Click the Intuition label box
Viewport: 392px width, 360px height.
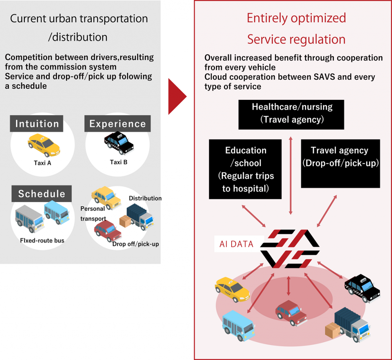37,124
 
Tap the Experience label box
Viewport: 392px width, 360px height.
118,124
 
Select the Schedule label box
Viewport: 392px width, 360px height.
42,194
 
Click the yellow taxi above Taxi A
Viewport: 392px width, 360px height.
44,145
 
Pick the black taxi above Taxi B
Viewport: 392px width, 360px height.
119,143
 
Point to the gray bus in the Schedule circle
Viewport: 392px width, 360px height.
29,218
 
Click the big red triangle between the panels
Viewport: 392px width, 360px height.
177,97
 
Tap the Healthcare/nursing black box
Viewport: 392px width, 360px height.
291,114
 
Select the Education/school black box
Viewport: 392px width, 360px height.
245,169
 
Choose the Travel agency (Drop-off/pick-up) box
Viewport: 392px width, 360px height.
340,163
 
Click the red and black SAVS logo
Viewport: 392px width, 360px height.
289,249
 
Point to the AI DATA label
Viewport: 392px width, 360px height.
236,244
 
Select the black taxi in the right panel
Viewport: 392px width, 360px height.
362,288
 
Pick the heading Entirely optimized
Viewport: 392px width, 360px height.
296,18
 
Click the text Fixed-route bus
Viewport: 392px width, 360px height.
42,241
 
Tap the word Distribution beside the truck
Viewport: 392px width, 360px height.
145,198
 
